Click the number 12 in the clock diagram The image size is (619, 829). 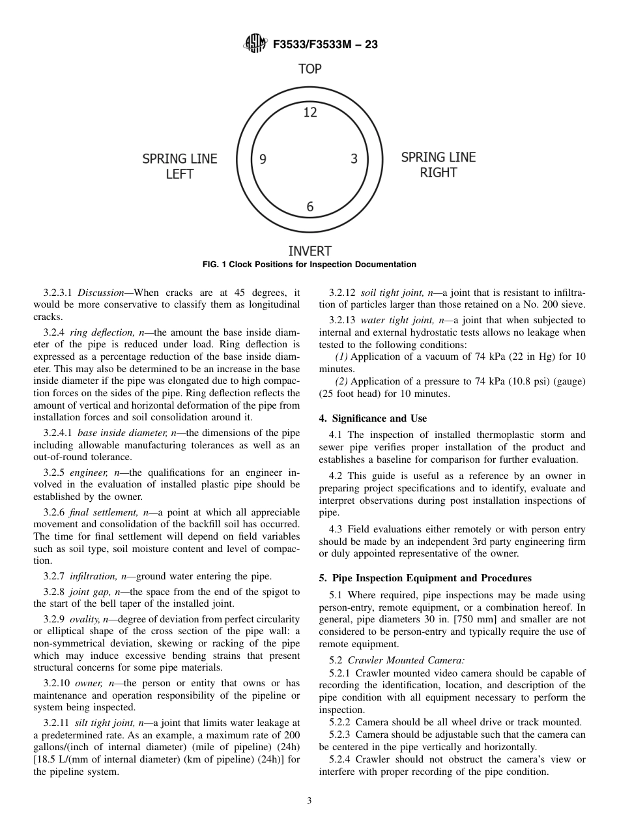coord(310,112)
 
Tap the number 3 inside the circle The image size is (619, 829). coord(354,159)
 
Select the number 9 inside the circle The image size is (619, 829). coord(263,159)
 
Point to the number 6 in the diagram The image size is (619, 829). coord(310,207)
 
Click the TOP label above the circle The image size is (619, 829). coord(310,69)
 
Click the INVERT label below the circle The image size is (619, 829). coord(310,252)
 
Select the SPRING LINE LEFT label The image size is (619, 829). coord(180,166)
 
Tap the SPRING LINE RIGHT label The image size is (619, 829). coord(438,165)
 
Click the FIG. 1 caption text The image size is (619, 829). coord(309,265)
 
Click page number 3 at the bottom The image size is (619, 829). coord(309,801)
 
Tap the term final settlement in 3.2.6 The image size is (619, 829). coord(100,513)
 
